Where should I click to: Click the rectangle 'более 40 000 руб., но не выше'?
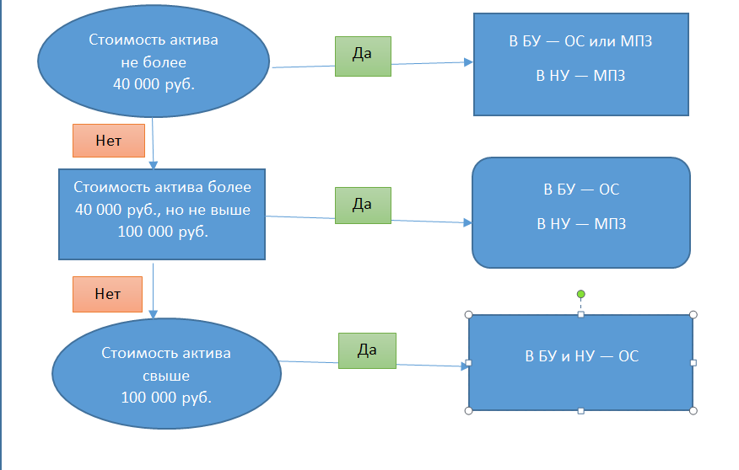[162, 211]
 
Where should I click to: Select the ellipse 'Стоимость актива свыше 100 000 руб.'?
[166, 375]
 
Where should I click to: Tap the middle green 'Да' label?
[363, 205]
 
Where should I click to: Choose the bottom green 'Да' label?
[367, 350]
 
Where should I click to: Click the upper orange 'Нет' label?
[109, 141]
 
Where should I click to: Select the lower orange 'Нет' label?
[108, 295]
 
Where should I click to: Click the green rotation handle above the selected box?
[580, 294]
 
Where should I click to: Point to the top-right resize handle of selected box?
[693, 315]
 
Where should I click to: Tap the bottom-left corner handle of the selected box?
[468, 411]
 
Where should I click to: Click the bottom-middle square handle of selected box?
[580, 411]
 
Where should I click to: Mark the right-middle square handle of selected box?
[693, 363]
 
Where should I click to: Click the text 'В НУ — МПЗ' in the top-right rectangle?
[580, 77]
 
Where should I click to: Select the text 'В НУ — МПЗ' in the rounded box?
[580, 225]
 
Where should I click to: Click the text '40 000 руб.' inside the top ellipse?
[154, 83]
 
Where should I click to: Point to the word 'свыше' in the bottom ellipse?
[166, 376]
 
